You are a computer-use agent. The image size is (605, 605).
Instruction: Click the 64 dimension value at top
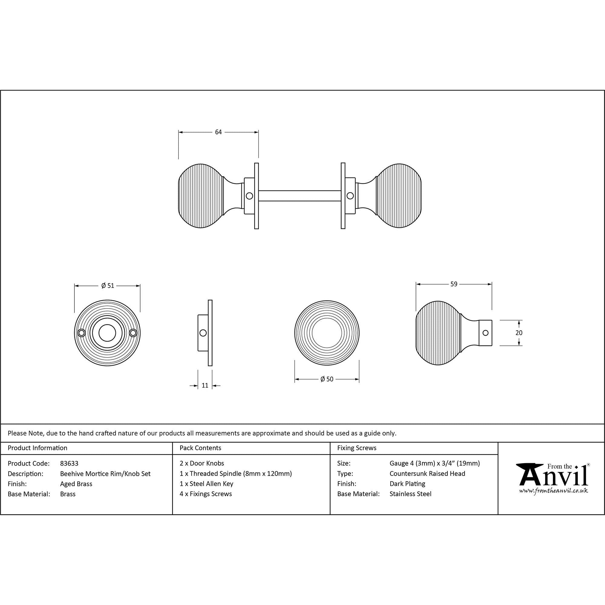pyautogui.click(x=218, y=132)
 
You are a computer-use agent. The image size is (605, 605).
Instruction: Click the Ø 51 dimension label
pyautogui.click(x=108, y=286)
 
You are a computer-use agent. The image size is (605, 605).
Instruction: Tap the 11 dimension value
pyautogui.click(x=205, y=385)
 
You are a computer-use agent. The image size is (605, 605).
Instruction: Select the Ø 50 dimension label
pyautogui.click(x=327, y=379)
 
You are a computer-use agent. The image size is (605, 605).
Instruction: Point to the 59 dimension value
pyautogui.click(x=454, y=284)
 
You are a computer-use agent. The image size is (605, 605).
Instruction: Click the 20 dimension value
pyautogui.click(x=519, y=333)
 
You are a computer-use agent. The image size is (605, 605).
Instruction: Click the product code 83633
pyautogui.click(x=69, y=463)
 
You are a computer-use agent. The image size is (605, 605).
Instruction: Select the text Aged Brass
pyautogui.click(x=76, y=484)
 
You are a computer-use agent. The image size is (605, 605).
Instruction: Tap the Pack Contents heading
pyautogui.click(x=201, y=448)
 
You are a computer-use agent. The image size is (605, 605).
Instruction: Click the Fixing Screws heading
pyautogui.click(x=357, y=448)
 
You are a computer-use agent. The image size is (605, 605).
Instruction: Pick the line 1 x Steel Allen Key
pyautogui.click(x=206, y=483)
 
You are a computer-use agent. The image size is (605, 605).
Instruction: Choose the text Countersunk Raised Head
pyautogui.click(x=427, y=473)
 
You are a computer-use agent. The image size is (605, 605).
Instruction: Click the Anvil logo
pyautogui.click(x=553, y=476)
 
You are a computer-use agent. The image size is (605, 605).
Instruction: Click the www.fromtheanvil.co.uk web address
pyautogui.click(x=553, y=491)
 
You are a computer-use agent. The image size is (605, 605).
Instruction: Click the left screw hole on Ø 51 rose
pyautogui.click(x=81, y=333)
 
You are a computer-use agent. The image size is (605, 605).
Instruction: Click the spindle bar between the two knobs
pyautogui.click(x=299, y=196)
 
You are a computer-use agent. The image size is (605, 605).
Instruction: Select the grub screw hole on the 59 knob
pyautogui.click(x=486, y=333)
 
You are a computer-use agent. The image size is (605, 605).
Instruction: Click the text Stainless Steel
pyautogui.click(x=410, y=494)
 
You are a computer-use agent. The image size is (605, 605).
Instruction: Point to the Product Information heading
pyautogui.click(x=38, y=448)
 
